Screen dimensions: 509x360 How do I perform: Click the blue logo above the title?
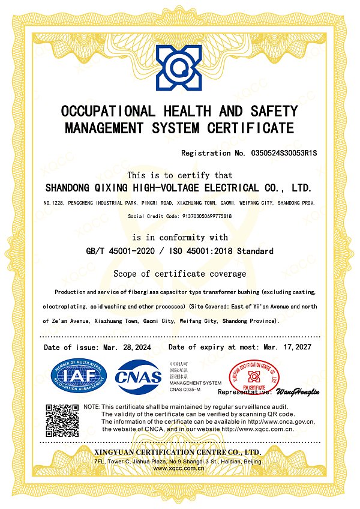180,65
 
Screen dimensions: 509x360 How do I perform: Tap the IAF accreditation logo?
77,376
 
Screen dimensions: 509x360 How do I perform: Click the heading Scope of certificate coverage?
179,274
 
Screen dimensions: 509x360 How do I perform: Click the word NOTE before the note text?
91,407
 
